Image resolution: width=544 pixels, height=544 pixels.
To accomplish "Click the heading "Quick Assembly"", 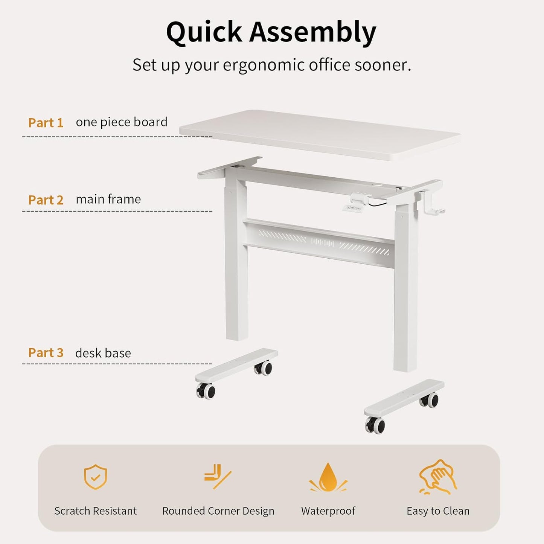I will [271, 32].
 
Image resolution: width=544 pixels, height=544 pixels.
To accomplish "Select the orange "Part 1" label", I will [46, 123].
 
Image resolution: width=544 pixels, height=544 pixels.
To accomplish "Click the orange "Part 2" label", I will [46, 200].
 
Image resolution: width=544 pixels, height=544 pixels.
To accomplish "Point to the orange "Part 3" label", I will [46, 353].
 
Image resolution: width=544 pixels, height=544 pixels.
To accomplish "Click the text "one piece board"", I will [122, 122].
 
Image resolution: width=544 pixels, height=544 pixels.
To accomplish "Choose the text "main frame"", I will [108, 199].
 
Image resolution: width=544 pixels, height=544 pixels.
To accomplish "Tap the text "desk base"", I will [103, 353].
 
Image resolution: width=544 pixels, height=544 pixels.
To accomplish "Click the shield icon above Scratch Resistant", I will [96, 477].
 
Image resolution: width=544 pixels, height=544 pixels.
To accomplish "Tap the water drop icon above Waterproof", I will [328, 477].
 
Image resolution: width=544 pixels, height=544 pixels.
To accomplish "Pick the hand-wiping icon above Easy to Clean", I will [438, 477].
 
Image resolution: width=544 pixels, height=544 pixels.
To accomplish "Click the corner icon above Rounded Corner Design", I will [218, 477].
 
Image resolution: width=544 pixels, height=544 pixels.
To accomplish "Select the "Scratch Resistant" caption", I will [96, 511].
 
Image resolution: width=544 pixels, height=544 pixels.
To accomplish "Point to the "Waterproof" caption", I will [328, 511].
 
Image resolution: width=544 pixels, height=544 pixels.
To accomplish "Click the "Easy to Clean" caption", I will [438, 511].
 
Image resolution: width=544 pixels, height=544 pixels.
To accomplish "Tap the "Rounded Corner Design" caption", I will [218, 511].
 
